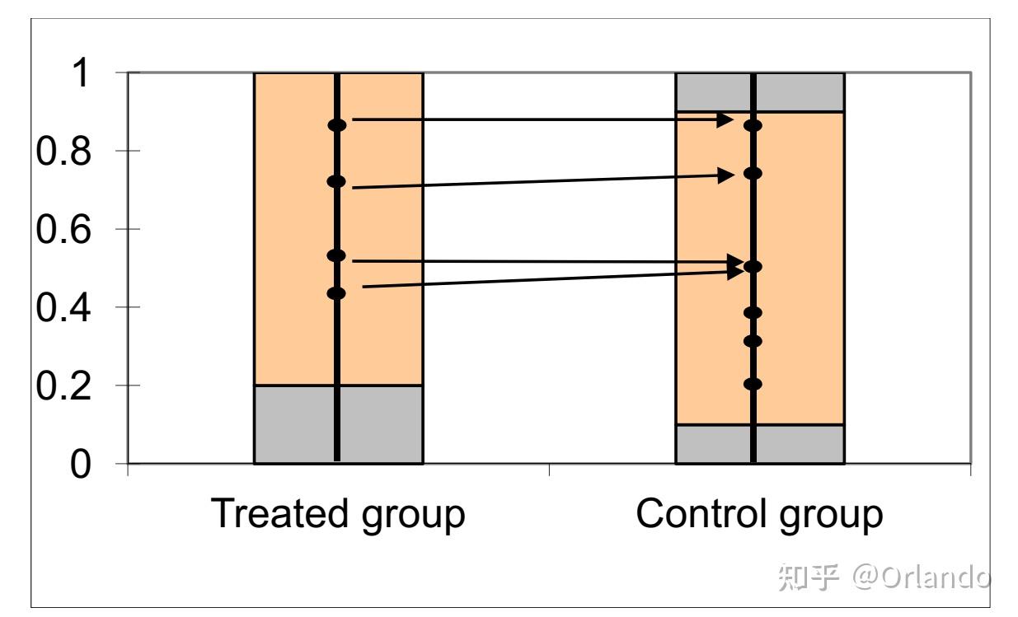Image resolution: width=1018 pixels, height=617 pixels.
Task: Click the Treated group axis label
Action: (x=338, y=513)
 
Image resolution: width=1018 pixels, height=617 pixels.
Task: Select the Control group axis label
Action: (x=759, y=513)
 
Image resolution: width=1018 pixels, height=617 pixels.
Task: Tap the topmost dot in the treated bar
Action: (x=337, y=125)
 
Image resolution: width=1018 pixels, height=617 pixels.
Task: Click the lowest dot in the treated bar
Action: (x=336, y=293)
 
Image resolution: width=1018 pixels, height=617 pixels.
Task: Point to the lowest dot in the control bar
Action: (x=753, y=384)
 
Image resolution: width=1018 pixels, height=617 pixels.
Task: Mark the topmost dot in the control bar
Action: (x=753, y=126)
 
